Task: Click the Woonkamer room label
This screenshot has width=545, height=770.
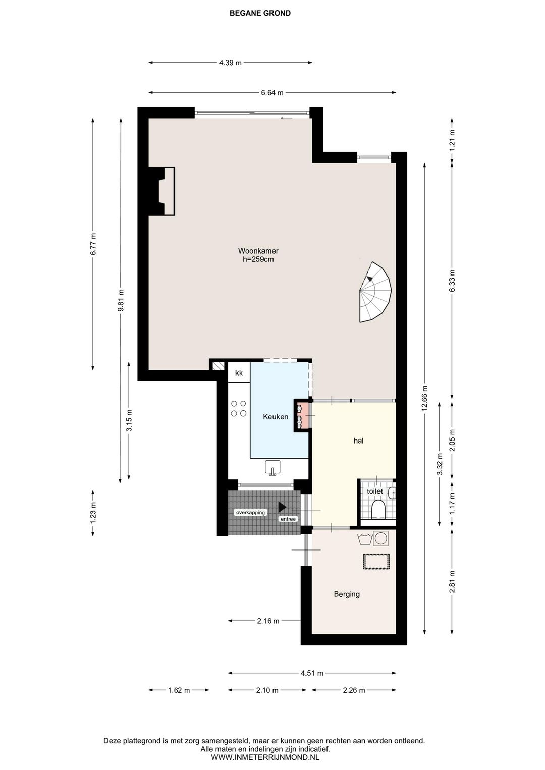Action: pyautogui.click(x=258, y=251)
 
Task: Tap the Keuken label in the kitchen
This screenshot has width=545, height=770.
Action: pyautogui.click(x=276, y=417)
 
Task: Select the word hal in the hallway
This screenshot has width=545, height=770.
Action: pyautogui.click(x=358, y=441)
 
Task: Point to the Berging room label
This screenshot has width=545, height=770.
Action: pyautogui.click(x=347, y=594)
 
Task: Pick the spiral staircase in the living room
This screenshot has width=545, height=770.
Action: pyautogui.click(x=375, y=292)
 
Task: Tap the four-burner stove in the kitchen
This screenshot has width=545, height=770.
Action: pyautogui.click(x=239, y=408)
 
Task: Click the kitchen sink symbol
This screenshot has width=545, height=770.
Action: pyautogui.click(x=272, y=468)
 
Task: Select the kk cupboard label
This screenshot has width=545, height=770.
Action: pyautogui.click(x=239, y=373)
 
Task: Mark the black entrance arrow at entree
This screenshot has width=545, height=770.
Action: pyautogui.click(x=282, y=506)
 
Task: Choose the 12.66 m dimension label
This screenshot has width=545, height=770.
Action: pyautogui.click(x=425, y=398)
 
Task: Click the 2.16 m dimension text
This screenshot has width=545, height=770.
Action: pyautogui.click(x=268, y=621)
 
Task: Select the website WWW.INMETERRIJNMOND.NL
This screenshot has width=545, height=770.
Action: pyautogui.click(x=265, y=757)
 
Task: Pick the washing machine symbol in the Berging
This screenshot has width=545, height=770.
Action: pyautogui.click(x=381, y=538)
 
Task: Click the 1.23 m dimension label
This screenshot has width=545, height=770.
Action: pyautogui.click(x=92, y=513)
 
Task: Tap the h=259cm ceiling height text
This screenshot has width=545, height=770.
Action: pyautogui.click(x=258, y=259)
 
